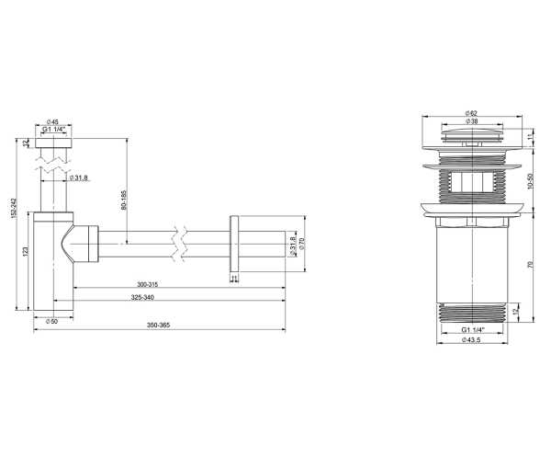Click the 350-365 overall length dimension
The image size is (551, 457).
click(x=158, y=326)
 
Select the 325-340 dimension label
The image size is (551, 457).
click(x=142, y=298)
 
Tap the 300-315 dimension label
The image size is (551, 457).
click(x=148, y=284)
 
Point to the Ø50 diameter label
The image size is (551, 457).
click(x=51, y=321)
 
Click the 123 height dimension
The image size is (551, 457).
click(x=25, y=251)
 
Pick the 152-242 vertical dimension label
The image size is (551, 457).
click(x=14, y=208)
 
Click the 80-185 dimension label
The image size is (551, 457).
click(x=123, y=200)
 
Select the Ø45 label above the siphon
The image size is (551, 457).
click(x=52, y=121)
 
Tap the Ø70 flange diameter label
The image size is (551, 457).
click(x=301, y=245)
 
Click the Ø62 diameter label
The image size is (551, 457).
click(x=471, y=113)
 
